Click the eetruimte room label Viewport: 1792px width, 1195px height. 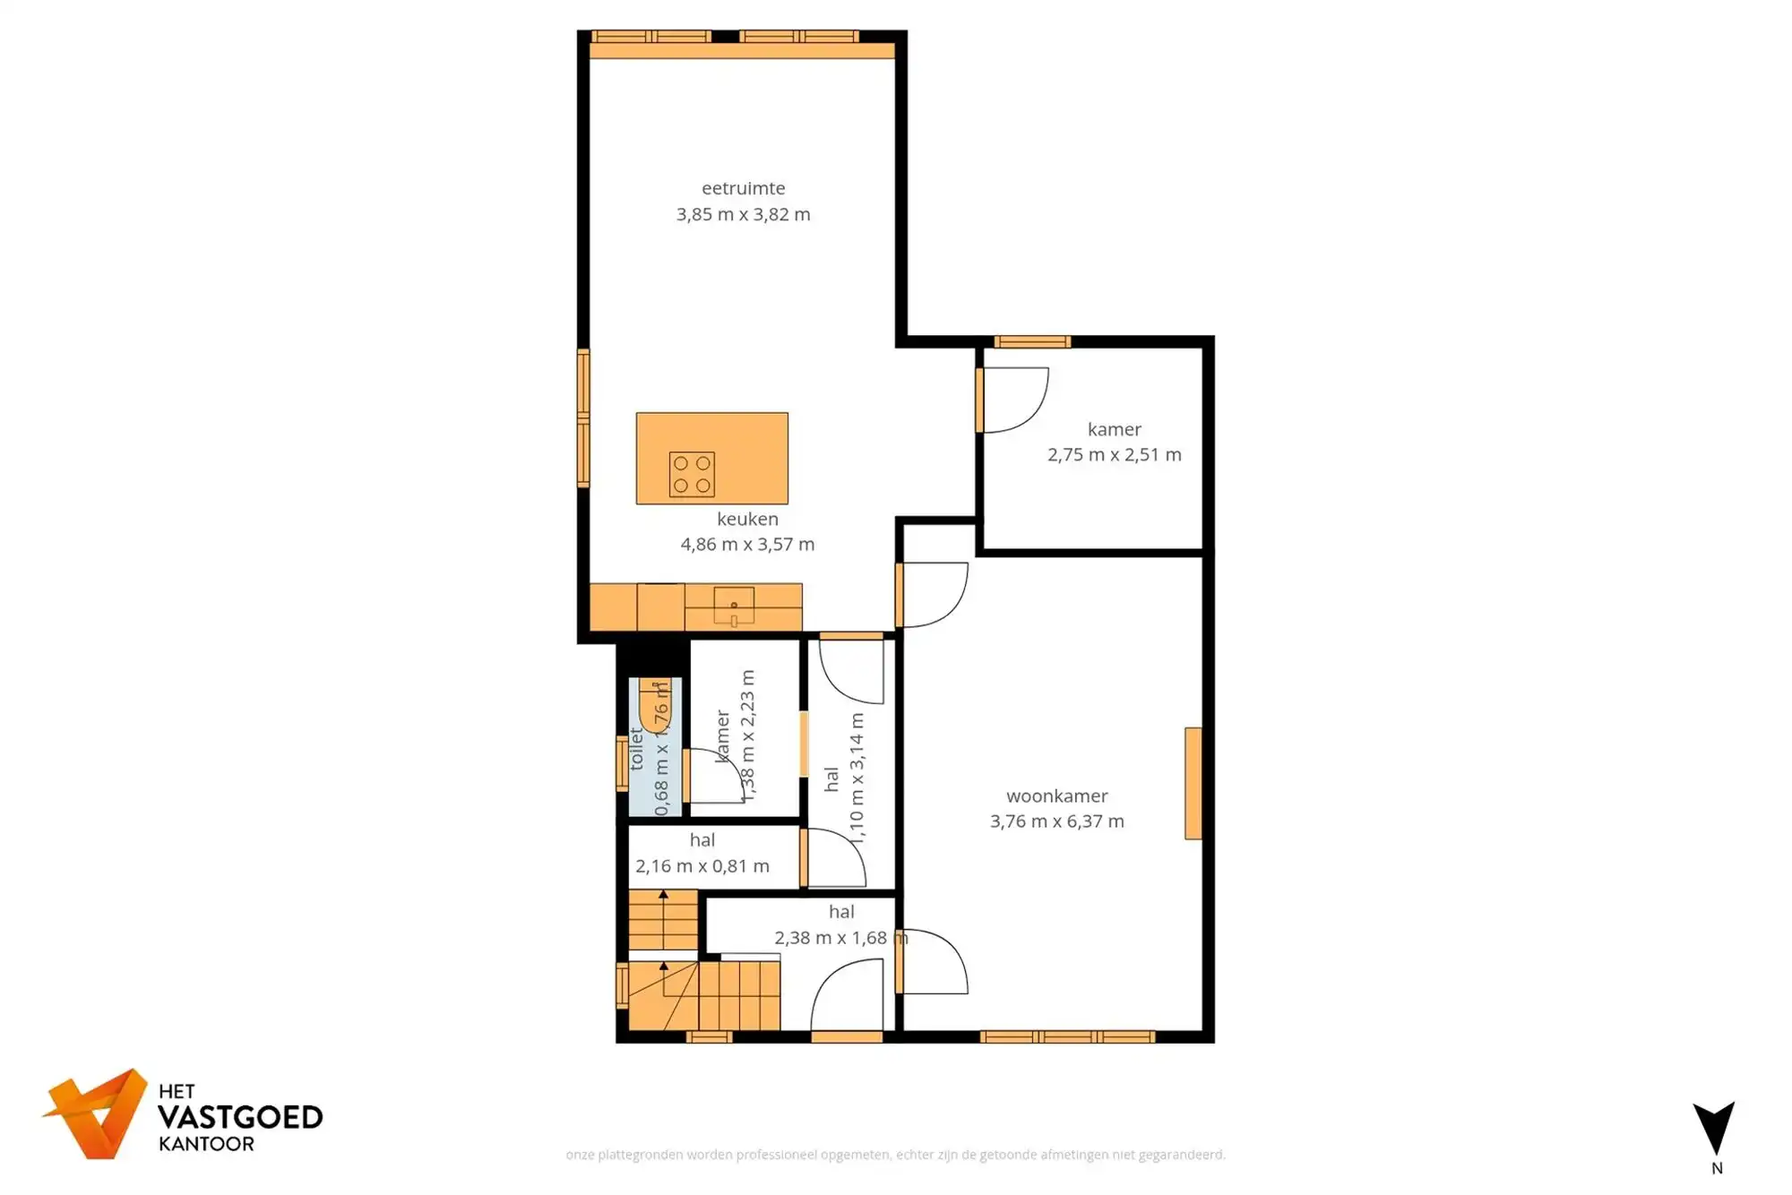click(743, 188)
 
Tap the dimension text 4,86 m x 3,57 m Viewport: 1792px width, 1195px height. click(747, 544)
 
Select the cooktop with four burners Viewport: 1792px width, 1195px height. click(692, 474)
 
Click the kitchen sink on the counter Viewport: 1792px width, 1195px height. click(733, 606)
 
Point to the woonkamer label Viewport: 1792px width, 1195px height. click(1056, 795)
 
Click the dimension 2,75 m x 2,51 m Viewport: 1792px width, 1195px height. click(1114, 454)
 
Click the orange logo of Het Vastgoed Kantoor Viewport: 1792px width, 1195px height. click(97, 1113)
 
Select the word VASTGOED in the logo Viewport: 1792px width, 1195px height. click(240, 1117)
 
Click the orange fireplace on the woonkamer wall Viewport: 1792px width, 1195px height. click(1193, 783)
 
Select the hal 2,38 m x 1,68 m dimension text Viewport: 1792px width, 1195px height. click(840, 938)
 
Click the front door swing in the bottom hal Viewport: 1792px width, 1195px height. click(847, 994)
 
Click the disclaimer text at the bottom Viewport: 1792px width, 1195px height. click(895, 1155)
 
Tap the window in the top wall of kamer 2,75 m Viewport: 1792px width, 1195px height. click(1031, 341)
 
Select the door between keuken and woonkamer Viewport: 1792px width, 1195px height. click(932, 594)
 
